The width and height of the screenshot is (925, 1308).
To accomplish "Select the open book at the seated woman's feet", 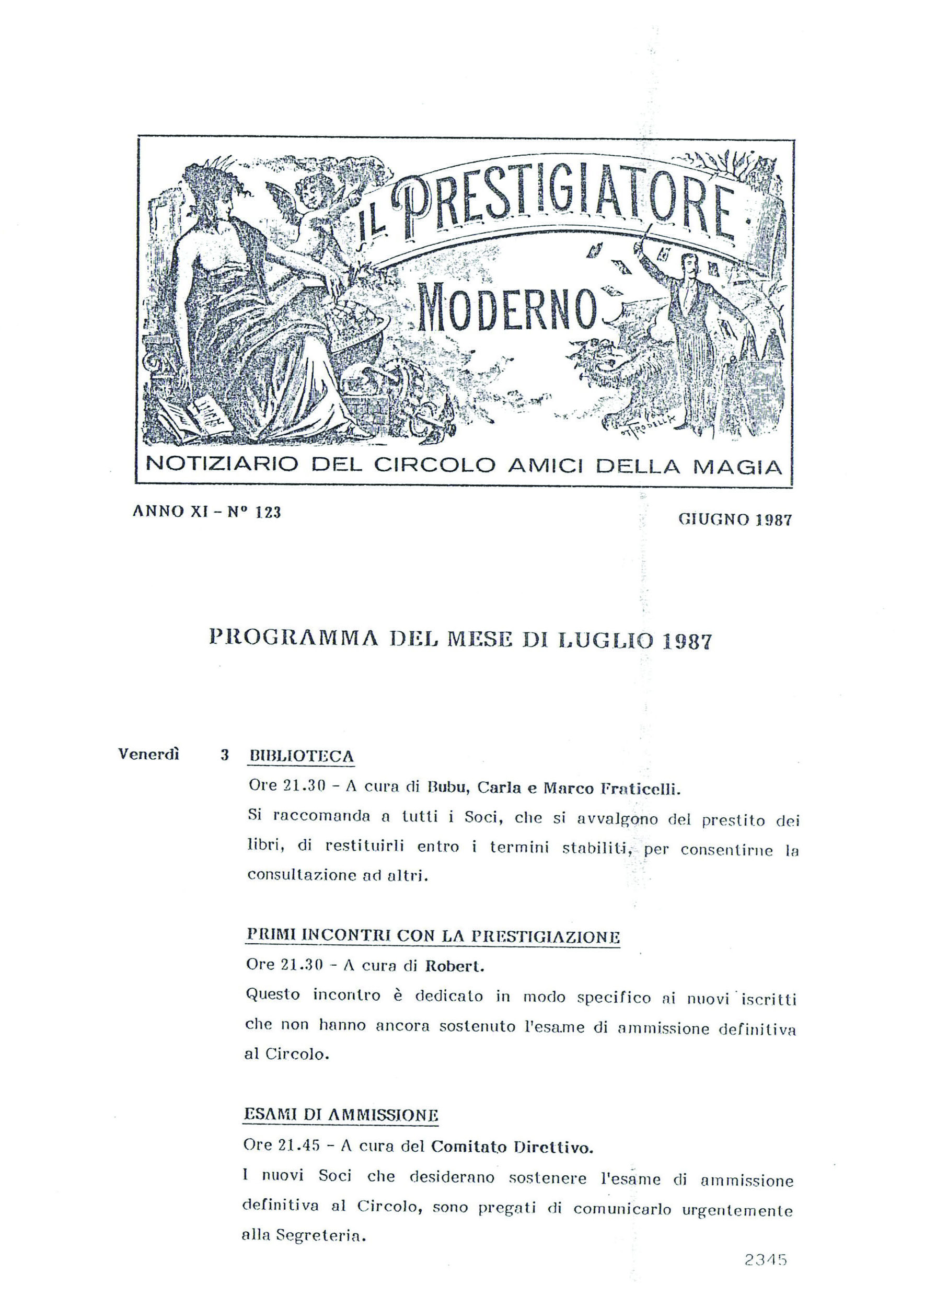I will point(196,419).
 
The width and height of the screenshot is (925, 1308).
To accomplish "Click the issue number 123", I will point(268,512).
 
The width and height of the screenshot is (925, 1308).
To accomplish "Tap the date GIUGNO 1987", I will point(735,519).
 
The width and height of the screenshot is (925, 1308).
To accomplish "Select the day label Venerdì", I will point(148,754).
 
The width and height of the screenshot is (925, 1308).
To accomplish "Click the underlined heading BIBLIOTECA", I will point(302,757).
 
